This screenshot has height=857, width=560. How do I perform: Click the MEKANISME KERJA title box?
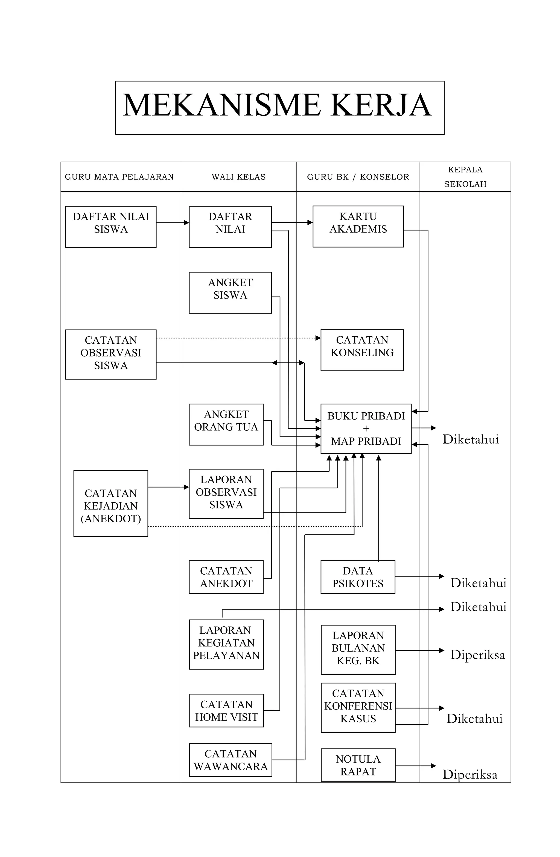tap(280, 108)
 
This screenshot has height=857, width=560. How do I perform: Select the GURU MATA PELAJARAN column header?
tap(119, 177)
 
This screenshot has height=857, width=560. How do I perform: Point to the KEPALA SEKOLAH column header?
tap(465, 177)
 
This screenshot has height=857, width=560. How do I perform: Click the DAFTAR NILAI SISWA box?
tap(111, 227)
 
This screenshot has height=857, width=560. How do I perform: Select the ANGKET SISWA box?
tap(230, 293)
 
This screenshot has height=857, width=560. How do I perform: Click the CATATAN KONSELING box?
tap(362, 350)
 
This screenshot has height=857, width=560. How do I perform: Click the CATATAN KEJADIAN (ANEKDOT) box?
tap(111, 503)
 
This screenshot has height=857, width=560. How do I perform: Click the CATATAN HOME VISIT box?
tap(226, 710)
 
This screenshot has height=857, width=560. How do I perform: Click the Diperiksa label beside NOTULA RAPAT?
tap(470, 774)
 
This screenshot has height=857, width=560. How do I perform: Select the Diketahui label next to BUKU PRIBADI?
tap(470, 439)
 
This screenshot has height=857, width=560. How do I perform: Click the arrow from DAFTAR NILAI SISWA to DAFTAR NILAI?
tap(172, 222)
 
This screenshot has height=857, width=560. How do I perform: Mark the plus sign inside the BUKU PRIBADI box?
tap(366, 428)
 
